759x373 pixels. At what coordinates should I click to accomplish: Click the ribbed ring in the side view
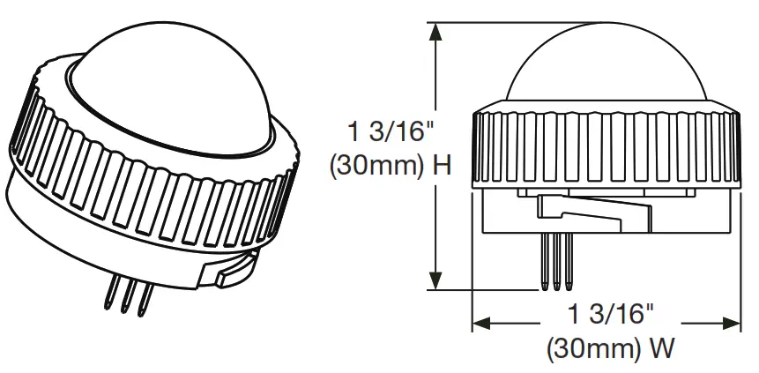(604, 145)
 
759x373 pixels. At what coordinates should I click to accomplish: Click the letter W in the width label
(660, 349)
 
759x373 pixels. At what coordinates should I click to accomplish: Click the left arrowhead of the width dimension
(480, 324)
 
